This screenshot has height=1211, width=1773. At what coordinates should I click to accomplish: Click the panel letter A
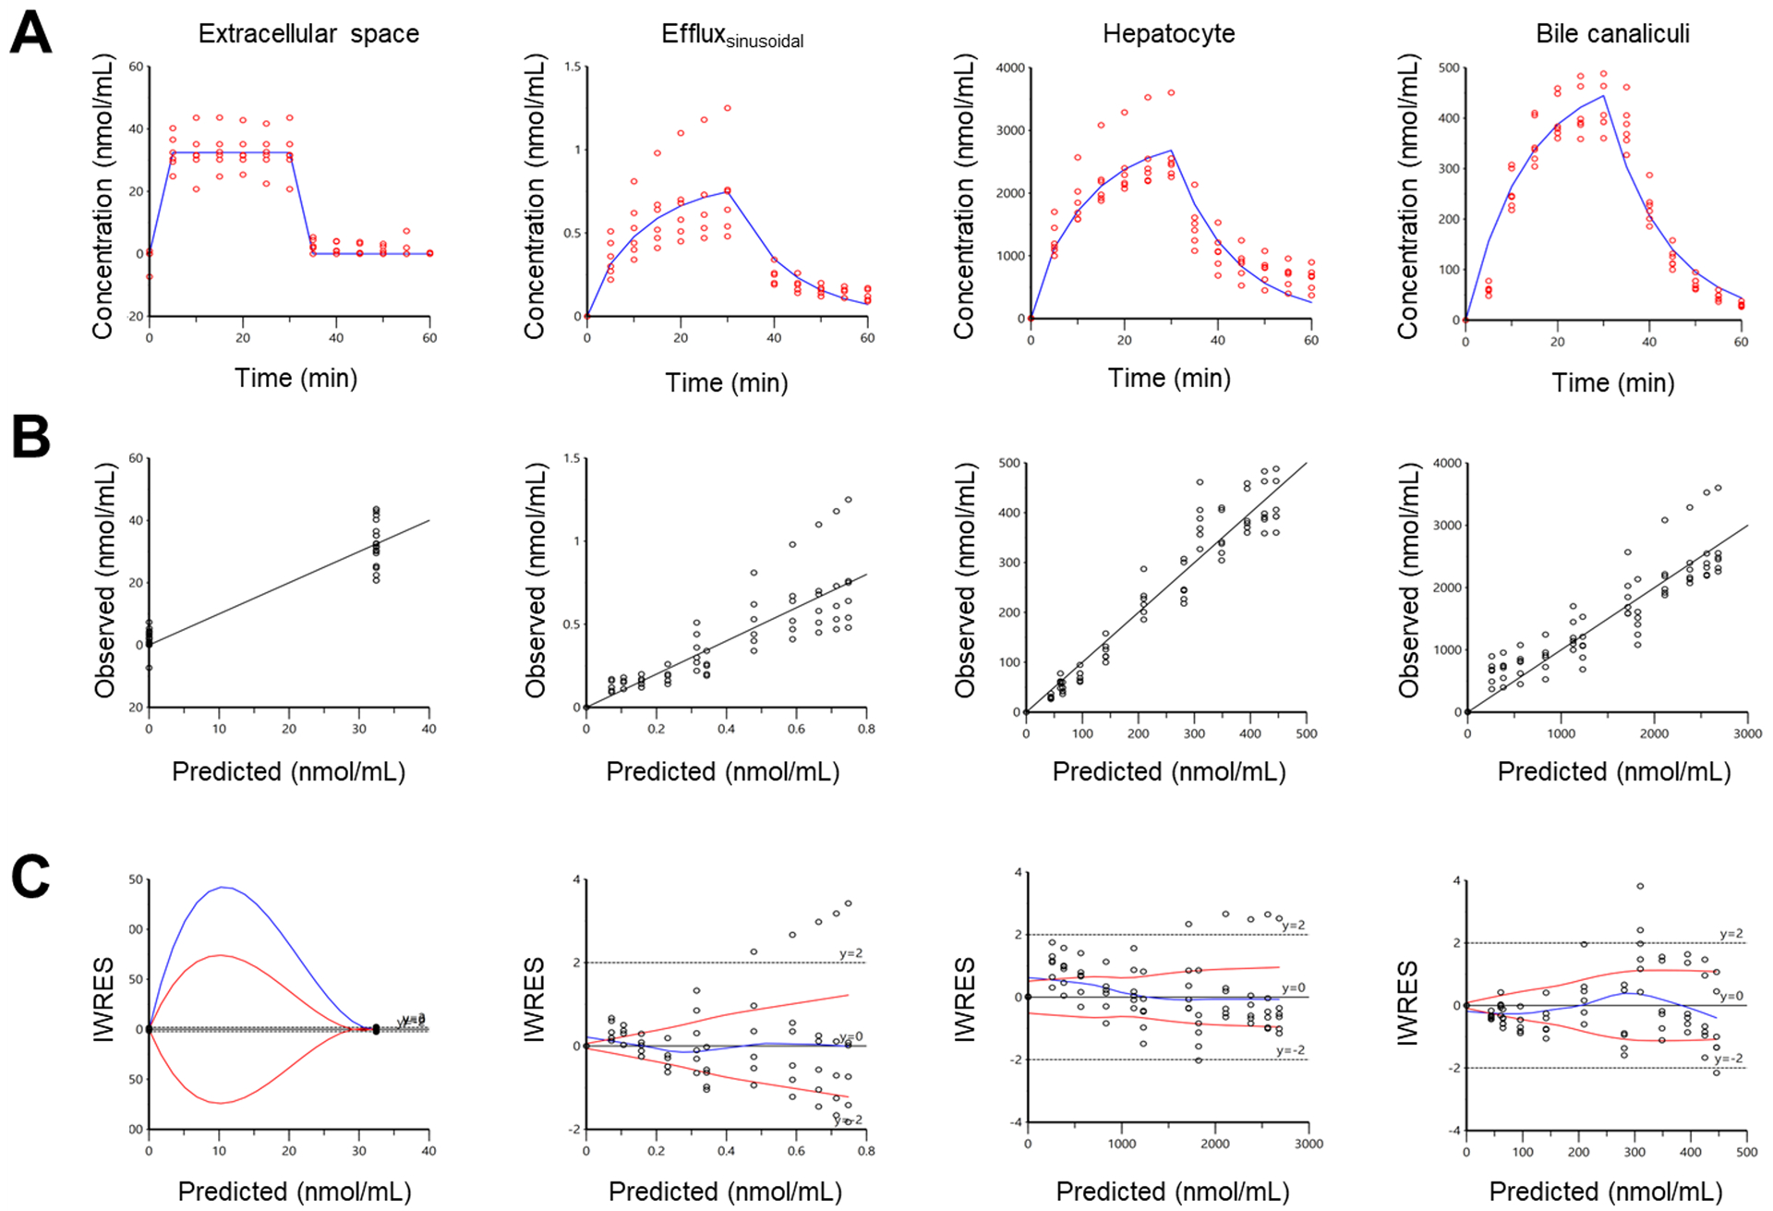tap(30, 34)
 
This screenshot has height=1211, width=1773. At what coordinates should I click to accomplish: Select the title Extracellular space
tap(308, 34)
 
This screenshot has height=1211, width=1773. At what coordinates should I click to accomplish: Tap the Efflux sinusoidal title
tap(732, 35)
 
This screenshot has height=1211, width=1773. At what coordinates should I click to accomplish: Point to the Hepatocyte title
tap(1168, 34)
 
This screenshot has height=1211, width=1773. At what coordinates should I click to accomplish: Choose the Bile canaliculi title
tap(1612, 34)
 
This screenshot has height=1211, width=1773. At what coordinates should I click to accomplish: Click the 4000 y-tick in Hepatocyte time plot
tap(1010, 68)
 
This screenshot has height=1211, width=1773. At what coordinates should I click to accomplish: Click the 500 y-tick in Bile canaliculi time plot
tap(1449, 68)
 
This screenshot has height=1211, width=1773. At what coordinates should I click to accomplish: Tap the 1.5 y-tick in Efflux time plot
tap(573, 67)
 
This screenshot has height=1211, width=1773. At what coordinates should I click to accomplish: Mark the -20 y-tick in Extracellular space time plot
tap(135, 317)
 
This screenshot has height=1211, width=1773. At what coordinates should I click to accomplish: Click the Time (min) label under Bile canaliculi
tap(1612, 382)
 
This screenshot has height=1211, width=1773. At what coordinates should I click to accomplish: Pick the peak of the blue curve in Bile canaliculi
tap(1603, 96)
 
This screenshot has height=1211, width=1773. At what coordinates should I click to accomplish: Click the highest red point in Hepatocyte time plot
tap(1171, 92)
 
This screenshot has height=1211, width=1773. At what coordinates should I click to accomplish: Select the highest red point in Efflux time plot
tap(727, 108)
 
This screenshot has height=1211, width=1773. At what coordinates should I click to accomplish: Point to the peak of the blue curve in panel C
tap(223, 887)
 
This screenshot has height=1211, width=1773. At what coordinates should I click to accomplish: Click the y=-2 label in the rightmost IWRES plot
tap(1729, 1059)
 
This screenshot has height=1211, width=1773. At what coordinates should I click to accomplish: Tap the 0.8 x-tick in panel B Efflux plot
tap(866, 729)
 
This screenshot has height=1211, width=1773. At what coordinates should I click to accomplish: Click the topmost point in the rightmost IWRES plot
tap(1640, 886)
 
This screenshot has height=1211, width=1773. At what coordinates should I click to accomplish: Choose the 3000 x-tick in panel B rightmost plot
tap(1747, 733)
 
